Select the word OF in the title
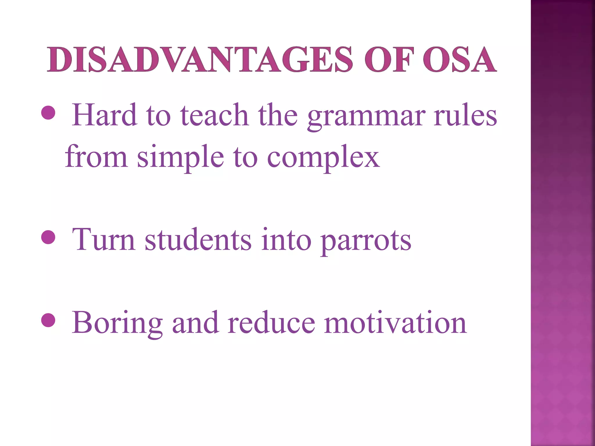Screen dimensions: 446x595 (389, 60)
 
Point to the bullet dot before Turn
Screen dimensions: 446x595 (48, 237)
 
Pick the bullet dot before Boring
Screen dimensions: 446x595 (48, 320)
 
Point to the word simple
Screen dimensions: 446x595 (180, 157)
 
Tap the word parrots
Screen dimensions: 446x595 (366, 240)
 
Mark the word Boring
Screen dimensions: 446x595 (117, 323)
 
